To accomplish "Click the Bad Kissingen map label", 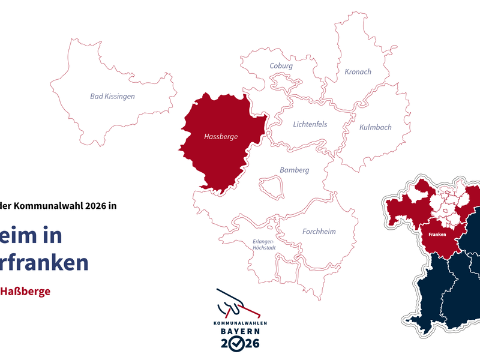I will pos(112,96).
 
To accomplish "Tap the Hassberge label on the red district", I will pos(221,137).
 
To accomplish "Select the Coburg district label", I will pos(281,66).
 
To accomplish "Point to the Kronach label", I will pos(358,72).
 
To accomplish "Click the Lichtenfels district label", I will pos(310,125).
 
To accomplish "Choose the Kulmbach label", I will pos(375,127).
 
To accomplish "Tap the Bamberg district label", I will pos(294,170).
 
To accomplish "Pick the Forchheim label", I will pos(319,232).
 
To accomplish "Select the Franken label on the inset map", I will pos(437,235).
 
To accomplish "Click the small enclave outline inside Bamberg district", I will pos(271,186).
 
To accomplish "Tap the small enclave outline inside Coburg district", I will pos(283,80).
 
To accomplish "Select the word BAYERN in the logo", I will pos(239,331).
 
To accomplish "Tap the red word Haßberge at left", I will pos(25,292).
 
